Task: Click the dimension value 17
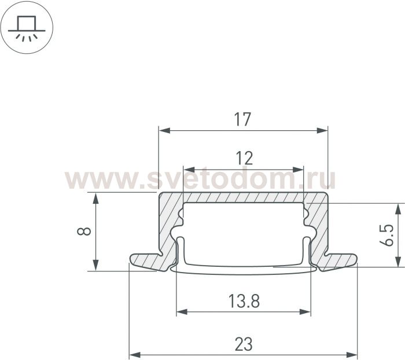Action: pyautogui.click(x=242, y=119)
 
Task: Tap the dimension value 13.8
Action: pyautogui.click(x=244, y=301)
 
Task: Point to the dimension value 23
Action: pyautogui.click(x=244, y=344)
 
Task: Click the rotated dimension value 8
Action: pyautogui.click(x=84, y=232)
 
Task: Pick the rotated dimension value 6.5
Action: pyautogui.click(x=386, y=235)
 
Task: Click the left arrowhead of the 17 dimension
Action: pyautogui.click(x=164, y=130)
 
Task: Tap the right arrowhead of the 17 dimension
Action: pyautogui.click(x=322, y=130)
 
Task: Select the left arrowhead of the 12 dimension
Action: pyautogui.click(x=189, y=170)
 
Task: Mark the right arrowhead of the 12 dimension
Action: pyautogui.click(x=297, y=170)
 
